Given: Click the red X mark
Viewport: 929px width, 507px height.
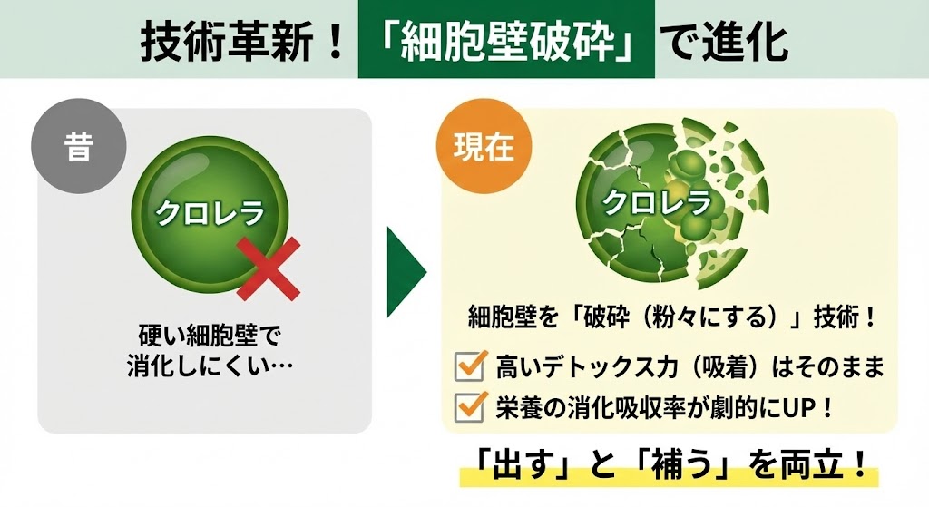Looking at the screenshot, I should [268, 269].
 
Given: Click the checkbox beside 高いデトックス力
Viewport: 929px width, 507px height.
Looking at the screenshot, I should [469, 366].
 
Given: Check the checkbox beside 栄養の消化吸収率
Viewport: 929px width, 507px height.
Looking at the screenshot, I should [469, 405].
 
